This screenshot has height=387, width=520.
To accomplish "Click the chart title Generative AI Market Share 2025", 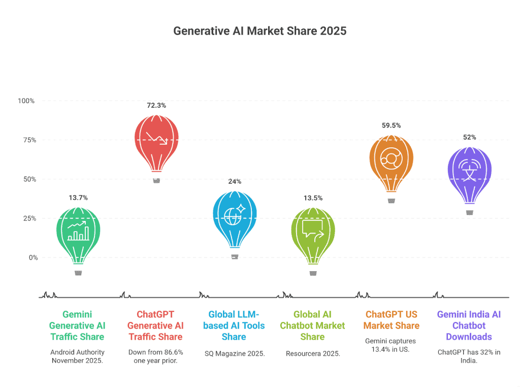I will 259,31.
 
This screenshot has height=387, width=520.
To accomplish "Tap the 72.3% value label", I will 156,106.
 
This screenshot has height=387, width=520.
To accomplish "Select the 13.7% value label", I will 78,198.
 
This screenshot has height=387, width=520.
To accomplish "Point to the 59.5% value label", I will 391,125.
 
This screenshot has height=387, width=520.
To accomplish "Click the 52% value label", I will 469,137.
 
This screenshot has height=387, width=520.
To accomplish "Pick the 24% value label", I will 234,181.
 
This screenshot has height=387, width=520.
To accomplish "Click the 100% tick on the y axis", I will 26,101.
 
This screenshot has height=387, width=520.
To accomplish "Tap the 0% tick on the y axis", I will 32,257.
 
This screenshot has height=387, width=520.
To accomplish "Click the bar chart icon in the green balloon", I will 78,232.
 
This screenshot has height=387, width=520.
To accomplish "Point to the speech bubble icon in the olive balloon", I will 313,229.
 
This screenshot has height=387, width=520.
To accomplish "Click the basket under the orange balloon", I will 391,201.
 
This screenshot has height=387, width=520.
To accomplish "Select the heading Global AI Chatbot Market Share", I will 312,326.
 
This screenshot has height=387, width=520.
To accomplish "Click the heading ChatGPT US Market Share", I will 391,320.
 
